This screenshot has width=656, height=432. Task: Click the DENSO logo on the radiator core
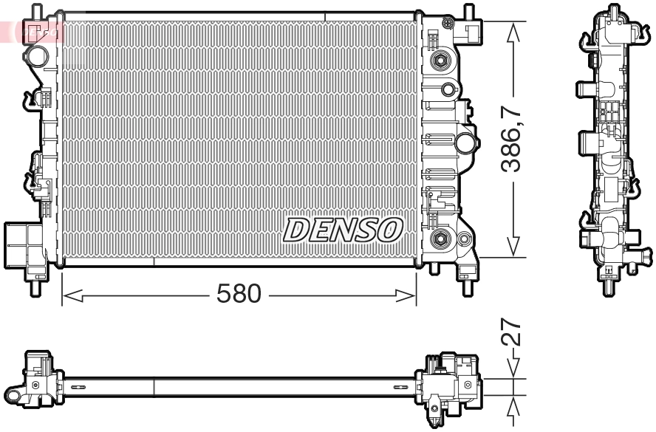(343, 230)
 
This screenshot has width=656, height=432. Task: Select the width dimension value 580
(239, 295)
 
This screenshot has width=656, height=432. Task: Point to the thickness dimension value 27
(512, 333)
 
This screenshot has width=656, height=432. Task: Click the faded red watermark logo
(33, 31)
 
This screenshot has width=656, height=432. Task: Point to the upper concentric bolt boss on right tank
(441, 61)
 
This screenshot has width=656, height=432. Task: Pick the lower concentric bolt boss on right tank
(441, 238)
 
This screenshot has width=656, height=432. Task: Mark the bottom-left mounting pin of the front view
(35, 284)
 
